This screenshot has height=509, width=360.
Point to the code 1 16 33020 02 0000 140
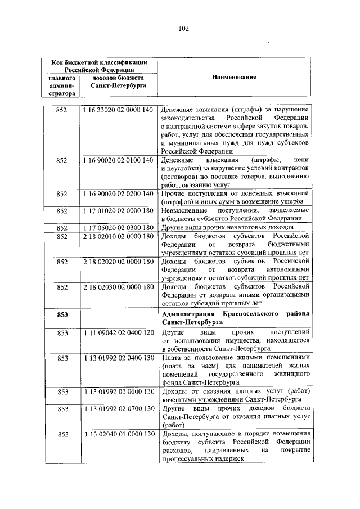click(118, 109)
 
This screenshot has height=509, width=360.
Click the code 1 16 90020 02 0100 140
click(118, 160)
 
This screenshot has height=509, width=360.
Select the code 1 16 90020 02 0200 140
click(118, 194)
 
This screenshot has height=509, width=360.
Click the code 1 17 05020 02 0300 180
click(118, 228)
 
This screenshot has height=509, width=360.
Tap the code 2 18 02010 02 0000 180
click(118, 236)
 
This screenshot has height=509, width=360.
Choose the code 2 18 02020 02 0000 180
click(118, 262)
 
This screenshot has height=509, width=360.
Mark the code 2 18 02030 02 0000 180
click(118, 287)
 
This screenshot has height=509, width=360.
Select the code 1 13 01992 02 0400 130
click(118, 358)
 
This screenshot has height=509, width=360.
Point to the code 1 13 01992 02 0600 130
click(118, 392)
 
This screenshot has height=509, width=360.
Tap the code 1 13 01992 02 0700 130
click(118, 409)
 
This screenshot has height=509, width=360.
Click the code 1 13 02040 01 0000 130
click(118, 434)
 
